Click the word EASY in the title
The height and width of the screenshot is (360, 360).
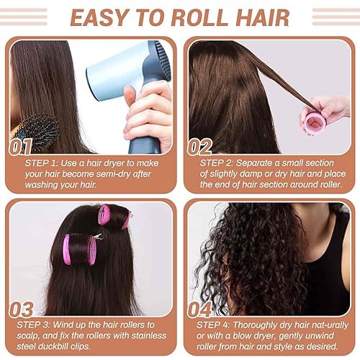click(x=98, y=17)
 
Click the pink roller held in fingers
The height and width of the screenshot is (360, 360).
click(x=315, y=122)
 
